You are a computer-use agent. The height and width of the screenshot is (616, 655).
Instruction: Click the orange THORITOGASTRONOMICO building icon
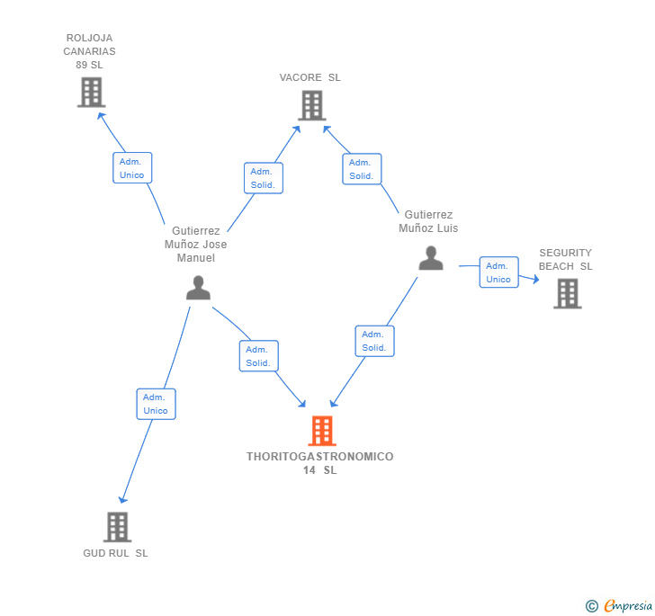click(x=322, y=431)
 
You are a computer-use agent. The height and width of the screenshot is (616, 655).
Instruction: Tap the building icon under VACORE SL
click(x=312, y=105)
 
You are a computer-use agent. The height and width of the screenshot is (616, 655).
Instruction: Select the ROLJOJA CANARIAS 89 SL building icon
click(x=92, y=93)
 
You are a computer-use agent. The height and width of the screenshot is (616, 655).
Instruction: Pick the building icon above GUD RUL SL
click(x=117, y=527)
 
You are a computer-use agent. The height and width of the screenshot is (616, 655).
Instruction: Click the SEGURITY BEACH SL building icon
click(x=568, y=293)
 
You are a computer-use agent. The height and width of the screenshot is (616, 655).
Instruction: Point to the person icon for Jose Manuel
click(x=198, y=288)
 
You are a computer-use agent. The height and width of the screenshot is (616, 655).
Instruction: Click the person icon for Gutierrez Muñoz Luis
click(x=431, y=258)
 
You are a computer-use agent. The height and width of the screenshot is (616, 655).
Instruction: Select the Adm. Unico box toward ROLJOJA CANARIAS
click(x=132, y=168)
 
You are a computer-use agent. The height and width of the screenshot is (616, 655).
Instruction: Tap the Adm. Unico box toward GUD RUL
click(x=157, y=404)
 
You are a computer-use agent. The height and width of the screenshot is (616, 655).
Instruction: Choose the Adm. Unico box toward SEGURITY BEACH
click(x=498, y=272)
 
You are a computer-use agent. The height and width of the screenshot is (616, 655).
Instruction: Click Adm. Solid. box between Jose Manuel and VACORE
click(x=264, y=178)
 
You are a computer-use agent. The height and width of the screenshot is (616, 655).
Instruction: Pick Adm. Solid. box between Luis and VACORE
click(x=362, y=169)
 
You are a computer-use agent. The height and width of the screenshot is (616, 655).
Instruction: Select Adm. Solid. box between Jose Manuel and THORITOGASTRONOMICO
click(x=259, y=356)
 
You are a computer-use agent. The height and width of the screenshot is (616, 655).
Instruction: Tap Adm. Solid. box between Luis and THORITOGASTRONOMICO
click(x=374, y=341)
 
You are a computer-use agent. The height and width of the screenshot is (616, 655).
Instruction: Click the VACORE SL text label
click(x=310, y=77)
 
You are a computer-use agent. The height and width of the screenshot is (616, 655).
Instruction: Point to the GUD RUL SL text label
click(x=115, y=553)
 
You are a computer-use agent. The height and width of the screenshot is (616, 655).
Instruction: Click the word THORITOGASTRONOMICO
click(x=320, y=457)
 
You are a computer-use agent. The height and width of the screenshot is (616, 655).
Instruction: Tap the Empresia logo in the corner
click(x=619, y=605)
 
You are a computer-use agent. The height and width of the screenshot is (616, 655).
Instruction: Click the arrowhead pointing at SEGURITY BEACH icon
click(x=535, y=279)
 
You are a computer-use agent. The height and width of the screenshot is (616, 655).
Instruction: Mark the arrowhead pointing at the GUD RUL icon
click(x=122, y=499)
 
